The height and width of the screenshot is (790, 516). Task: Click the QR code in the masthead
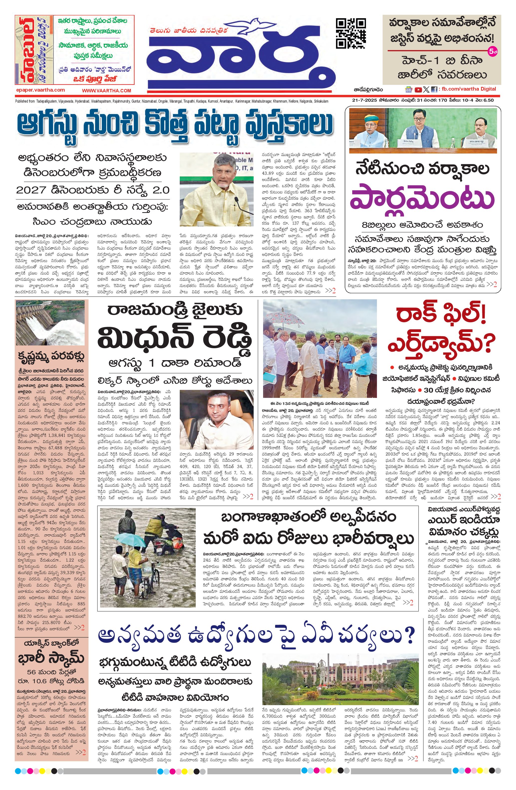point(351,33)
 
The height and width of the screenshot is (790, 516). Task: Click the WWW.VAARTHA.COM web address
point(107,90)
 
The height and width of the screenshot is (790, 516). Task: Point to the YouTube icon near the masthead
point(418,89)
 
